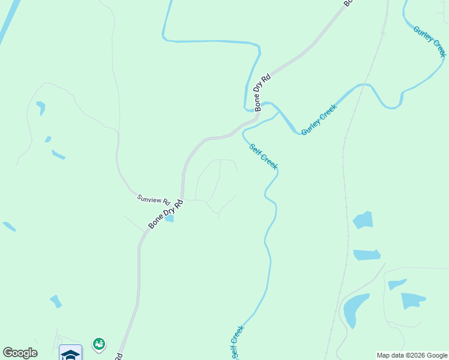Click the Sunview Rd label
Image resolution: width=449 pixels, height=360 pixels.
pos(154,199)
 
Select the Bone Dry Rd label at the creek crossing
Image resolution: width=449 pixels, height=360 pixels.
pos(262,92)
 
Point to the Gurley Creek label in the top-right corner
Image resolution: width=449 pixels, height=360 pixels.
pos(430,41)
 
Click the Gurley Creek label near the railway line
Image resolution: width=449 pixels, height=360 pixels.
pos(319,119)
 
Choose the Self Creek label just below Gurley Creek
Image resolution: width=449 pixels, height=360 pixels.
pos(263,155)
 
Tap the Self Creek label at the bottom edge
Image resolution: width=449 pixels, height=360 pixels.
pos(237,343)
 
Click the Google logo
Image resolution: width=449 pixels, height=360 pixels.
pos(20,353)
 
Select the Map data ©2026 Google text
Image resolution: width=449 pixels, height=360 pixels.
pos(412,355)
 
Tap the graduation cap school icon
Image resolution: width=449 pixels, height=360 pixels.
pos(71,353)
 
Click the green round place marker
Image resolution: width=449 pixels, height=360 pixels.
pos(99,344)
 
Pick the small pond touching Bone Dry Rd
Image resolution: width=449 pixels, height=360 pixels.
pos(169,219)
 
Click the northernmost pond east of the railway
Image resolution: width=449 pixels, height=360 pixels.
pos(363,220)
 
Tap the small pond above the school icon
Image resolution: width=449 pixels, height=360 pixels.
pos(56,301)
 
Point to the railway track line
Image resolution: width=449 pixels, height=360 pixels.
pos(346,180)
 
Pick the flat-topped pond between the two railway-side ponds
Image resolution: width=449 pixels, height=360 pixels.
pos(367,255)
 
